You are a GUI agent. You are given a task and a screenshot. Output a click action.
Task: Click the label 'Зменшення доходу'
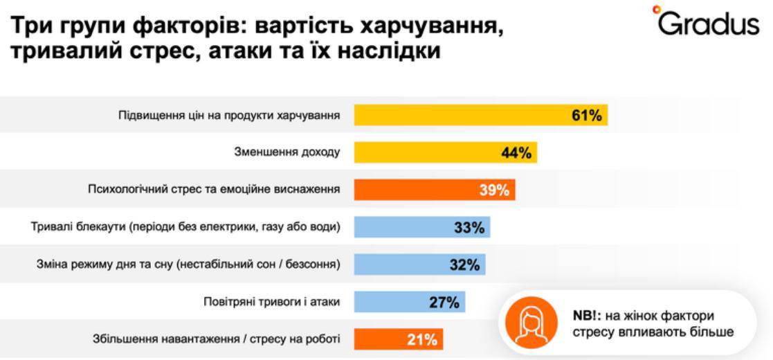pyautogui.click(x=287, y=153)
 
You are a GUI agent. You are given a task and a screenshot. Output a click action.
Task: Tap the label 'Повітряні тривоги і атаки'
pyautogui.click(x=273, y=302)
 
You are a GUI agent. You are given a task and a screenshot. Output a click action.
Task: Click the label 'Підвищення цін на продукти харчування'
pyautogui.click(x=229, y=116)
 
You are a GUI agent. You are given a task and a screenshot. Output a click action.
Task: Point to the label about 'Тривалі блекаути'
pyautogui.click(x=186, y=227)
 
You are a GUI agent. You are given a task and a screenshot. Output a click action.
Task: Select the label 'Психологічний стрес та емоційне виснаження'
pyautogui.click(x=214, y=190)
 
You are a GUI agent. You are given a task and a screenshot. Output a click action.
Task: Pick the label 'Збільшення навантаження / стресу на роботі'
pyautogui.click(x=217, y=339)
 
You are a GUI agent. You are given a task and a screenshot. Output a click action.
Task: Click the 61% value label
pyautogui.click(x=586, y=116)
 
